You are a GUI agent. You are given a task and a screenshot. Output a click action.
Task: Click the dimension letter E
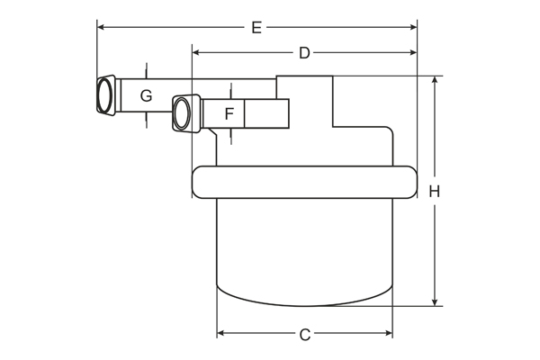tap(256, 28)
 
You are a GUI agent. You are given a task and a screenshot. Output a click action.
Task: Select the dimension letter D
tap(304, 53)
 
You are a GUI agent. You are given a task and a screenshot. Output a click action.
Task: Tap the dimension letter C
tap(305, 335)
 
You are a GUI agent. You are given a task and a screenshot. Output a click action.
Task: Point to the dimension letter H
tap(435, 191)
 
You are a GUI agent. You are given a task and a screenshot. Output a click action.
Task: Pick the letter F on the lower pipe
tap(229, 114)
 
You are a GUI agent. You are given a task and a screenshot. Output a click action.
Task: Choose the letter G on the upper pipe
tap(146, 95)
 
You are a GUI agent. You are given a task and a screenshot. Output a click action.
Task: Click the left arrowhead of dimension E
tap(101, 28)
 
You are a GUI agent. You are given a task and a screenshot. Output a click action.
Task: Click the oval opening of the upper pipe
tap(106, 94)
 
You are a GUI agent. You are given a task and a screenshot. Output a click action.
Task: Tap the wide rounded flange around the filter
tap(304, 182)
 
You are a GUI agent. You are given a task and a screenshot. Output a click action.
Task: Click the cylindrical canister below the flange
tap(304, 247)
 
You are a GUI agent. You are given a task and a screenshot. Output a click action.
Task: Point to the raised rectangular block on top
tap(304, 99)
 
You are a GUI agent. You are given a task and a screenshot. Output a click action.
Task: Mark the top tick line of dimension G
tap(145, 70)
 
